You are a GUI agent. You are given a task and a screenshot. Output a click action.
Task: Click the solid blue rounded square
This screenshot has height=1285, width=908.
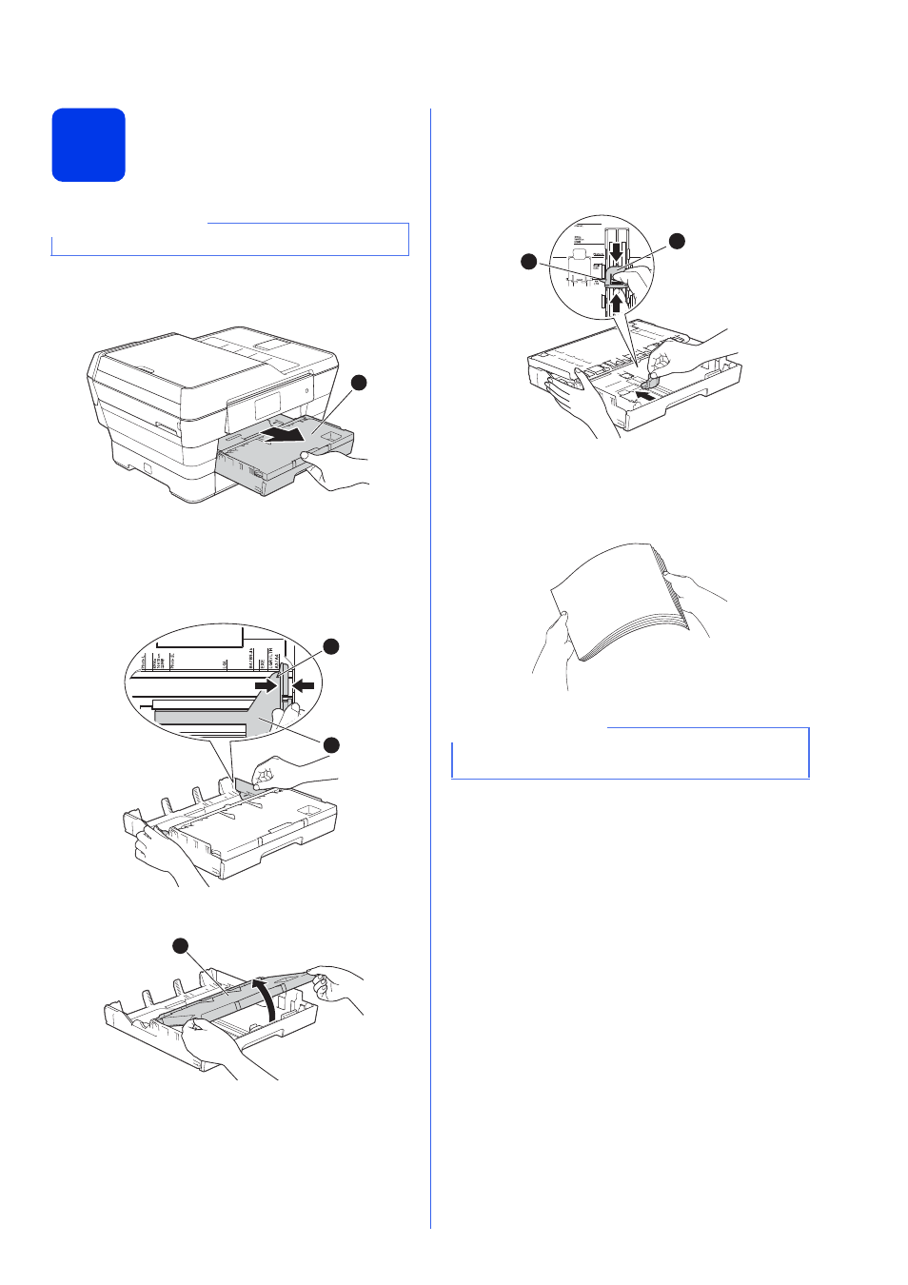89,145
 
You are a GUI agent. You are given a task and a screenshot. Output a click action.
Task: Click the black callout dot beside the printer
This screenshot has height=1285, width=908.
359,383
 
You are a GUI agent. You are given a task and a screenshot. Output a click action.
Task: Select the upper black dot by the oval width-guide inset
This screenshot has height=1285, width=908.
330,647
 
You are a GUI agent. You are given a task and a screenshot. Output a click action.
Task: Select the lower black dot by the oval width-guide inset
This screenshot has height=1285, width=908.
331,744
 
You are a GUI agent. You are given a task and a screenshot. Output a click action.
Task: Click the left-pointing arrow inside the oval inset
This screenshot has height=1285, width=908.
304,685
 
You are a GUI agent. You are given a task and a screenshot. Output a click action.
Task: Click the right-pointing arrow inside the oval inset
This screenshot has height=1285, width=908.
266,685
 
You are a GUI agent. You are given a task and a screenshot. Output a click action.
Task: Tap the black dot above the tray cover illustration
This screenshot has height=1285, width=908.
180,945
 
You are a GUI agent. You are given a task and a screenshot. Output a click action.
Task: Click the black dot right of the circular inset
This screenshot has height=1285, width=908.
677,241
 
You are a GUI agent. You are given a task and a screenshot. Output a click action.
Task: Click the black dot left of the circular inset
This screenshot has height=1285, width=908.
529,261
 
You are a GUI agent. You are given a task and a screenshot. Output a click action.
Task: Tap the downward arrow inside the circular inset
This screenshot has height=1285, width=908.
616,252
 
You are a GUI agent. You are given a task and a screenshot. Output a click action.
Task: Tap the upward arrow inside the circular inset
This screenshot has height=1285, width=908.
616,303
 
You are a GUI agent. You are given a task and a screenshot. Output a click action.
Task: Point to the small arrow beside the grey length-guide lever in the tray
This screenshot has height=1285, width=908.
645,392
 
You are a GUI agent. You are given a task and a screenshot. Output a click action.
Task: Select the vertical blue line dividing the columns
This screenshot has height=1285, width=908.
430,666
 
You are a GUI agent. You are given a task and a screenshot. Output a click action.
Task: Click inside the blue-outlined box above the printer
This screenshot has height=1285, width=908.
229,240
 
